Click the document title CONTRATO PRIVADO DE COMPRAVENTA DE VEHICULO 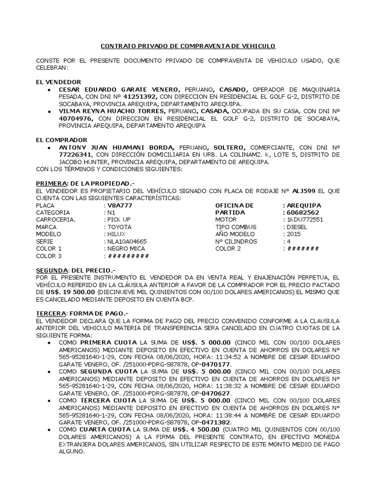[x=188, y=46]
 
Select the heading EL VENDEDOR [x=58, y=82]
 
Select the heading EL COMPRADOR [x=61, y=140]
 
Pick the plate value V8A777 [x=119, y=205]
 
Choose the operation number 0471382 [x=217, y=422]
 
